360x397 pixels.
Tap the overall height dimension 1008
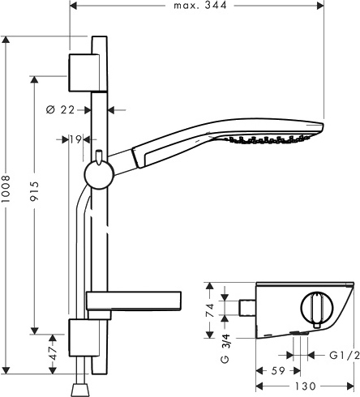click(x=6, y=202)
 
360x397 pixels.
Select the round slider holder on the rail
click(x=97, y=173)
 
